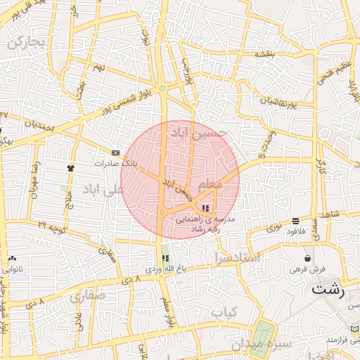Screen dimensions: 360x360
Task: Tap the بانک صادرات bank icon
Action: coord(115,153)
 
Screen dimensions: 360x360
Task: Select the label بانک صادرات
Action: coord(118,163)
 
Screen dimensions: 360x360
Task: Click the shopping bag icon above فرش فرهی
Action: coord(307,258)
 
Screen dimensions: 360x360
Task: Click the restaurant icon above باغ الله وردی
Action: coord(166,258)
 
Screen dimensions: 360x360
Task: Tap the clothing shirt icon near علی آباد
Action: coord(70,168)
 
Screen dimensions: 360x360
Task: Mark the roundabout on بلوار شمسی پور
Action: coord(162,88)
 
